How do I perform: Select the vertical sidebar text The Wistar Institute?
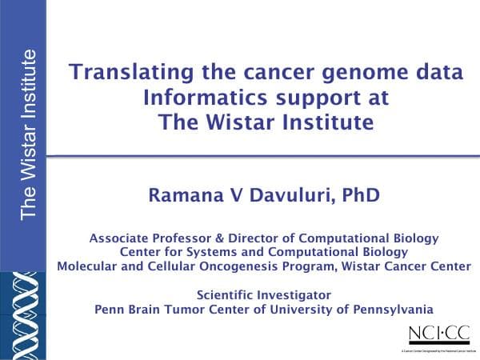click(x=29, y=134)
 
